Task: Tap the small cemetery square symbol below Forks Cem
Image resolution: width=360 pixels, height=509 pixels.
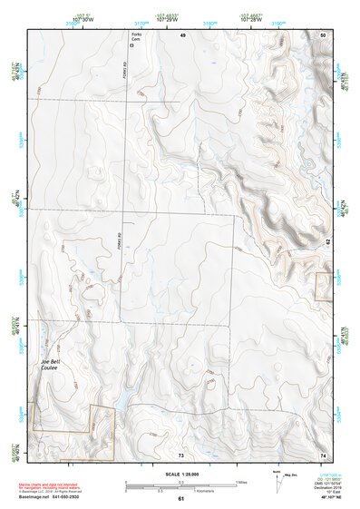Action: click(x=131, y=54)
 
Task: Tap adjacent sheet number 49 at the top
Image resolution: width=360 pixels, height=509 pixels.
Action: click(x=182, y=34)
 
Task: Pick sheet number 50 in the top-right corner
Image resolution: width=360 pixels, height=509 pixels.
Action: click(x=323, y=34)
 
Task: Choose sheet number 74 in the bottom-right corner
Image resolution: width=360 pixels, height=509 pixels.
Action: click(x=323, y=453)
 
